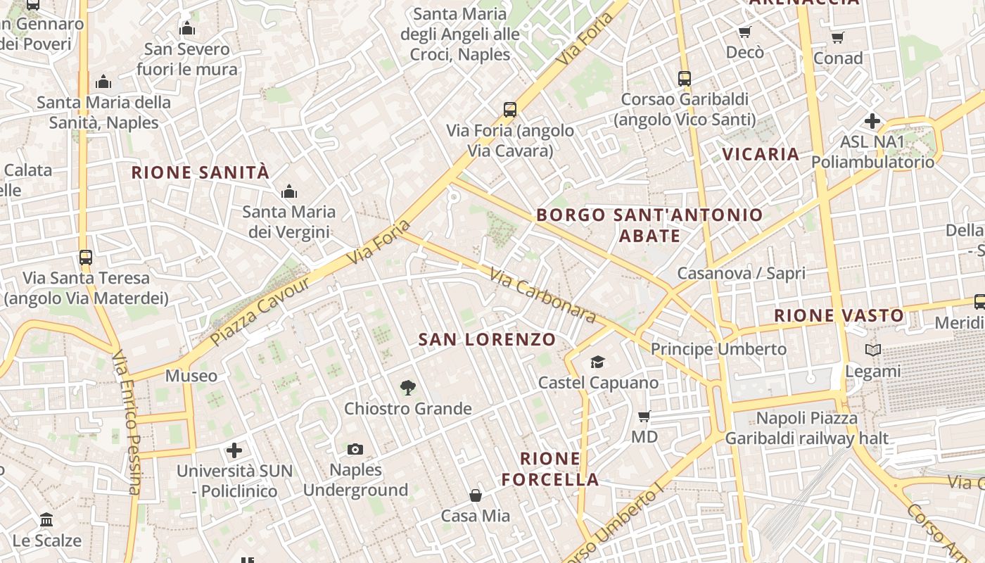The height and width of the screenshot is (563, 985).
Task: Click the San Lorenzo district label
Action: (x=487, y=339)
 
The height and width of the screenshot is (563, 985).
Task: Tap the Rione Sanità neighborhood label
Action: (x=201, y=172)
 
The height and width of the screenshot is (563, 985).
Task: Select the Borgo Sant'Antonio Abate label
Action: (x=649, y=224)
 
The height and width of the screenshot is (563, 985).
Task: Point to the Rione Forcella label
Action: (x=550, y=469)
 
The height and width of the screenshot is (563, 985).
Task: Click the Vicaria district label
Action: (x=761, y=154)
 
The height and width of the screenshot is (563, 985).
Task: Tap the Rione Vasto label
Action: (x=839, y=315)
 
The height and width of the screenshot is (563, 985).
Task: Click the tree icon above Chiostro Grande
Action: (x=407, y=387)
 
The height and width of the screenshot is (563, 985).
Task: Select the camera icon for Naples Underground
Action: (x=355, y=449)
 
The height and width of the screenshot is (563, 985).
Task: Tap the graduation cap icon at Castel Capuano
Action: (x=597, y=362)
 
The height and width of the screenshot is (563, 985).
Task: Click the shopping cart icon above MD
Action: (x=644, y=416)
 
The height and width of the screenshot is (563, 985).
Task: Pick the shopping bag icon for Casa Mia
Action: (x=476, y=495)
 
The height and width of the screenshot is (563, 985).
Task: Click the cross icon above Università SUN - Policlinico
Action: (x=234, y=450)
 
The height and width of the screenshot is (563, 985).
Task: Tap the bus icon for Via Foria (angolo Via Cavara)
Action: (x=510, y=110)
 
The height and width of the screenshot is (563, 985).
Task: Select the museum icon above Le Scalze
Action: (x=46, y=520)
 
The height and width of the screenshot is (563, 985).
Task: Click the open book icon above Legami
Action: (x=872, y=350)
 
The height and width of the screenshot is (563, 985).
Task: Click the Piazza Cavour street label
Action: (x=260, y=311)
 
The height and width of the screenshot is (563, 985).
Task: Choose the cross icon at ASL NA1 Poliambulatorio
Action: (x=872, y=121)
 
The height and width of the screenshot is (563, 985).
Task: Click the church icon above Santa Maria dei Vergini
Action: (x=288, y=191)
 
